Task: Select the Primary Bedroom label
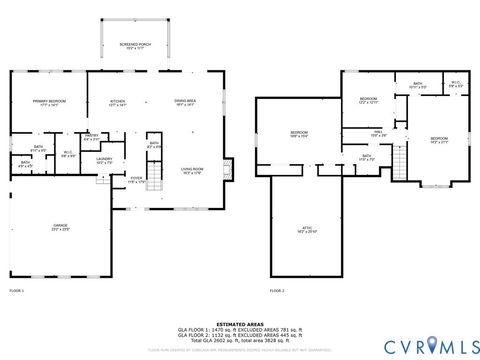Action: pyautogui.click(x=48, y=103)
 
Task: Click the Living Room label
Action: pyautogui.click(x=193, y=170)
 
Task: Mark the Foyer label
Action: pyautogui.click(x=135, y=180)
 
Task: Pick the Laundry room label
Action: pyautogui.click(x=104, y=160)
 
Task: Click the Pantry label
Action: pyautogui.click(x=92, y=137)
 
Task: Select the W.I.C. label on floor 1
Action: pyautogui.click(x=68, y=154)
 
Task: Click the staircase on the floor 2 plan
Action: pyautogui.click(x=401, y=157)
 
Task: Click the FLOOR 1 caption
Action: pyautogui.click(x=16, y=290)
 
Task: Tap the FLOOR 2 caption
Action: pyautogui.click(x=277, y=290)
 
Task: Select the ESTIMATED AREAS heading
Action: pyautogui.click(x=240, y=323)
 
